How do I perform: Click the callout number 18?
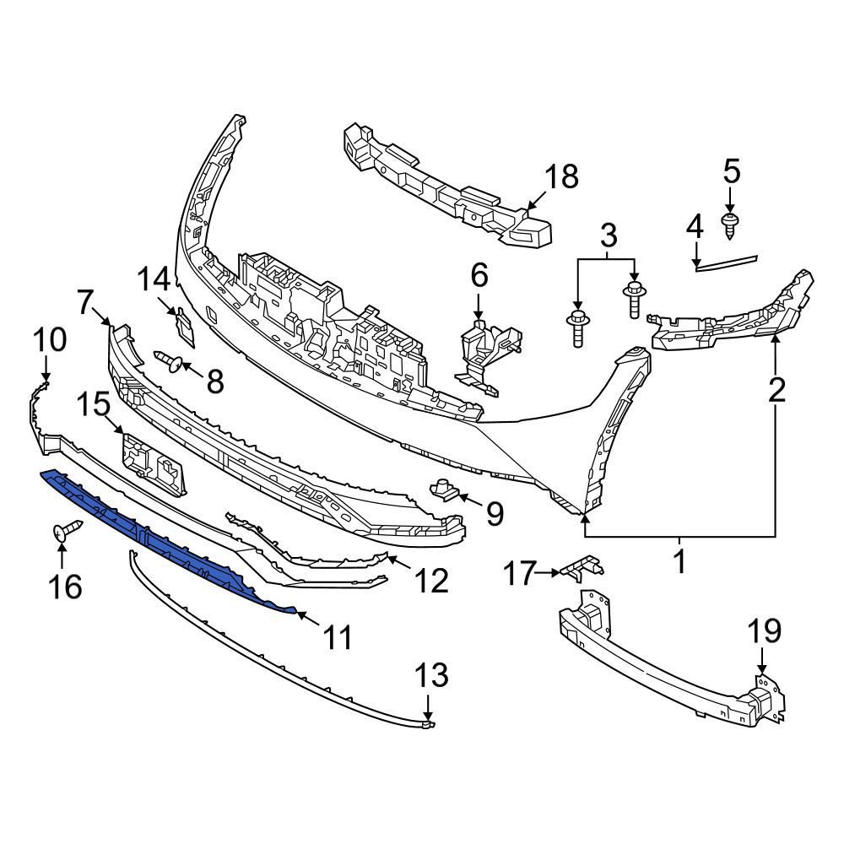coord(561,177)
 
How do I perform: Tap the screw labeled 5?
coord(731,223)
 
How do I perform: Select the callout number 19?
coord(763,631)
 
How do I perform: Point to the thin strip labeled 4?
coord(727,262)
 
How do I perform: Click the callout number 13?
coord(431,676)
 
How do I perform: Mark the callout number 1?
coord(679,560)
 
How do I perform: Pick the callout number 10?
coord(50,341)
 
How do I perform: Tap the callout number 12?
coord(431,580)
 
